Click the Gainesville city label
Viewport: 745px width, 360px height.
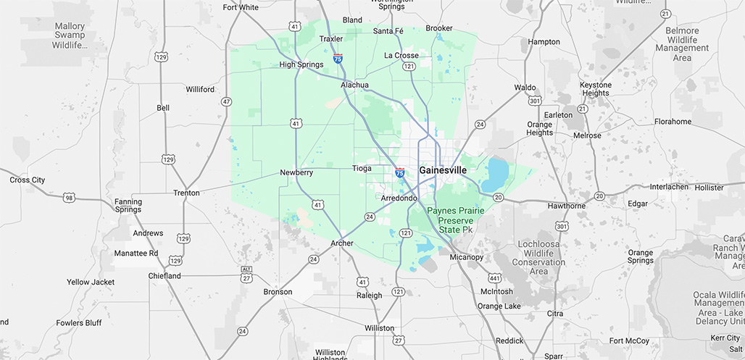(443, 170)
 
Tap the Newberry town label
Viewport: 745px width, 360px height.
(296, 172)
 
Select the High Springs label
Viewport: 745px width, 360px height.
(301, 64)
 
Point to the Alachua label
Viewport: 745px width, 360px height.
(354, 85)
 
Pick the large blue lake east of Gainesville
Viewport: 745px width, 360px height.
(497, 174)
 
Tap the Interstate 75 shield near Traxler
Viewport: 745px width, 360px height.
(338, 57)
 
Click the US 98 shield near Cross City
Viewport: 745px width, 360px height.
(69, 197)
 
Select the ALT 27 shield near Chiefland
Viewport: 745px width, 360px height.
(247, 274)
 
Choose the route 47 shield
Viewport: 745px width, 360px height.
(227, 102)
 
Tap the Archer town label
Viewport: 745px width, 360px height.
(342, 243)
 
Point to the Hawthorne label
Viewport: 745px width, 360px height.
(566, 206)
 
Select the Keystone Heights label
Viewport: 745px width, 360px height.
(595, 89)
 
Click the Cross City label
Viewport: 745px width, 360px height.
(27, 180)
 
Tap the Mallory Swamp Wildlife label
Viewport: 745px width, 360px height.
(70, 35)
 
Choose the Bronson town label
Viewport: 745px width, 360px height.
(278, 292)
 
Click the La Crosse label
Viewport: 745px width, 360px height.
(401, 55)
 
